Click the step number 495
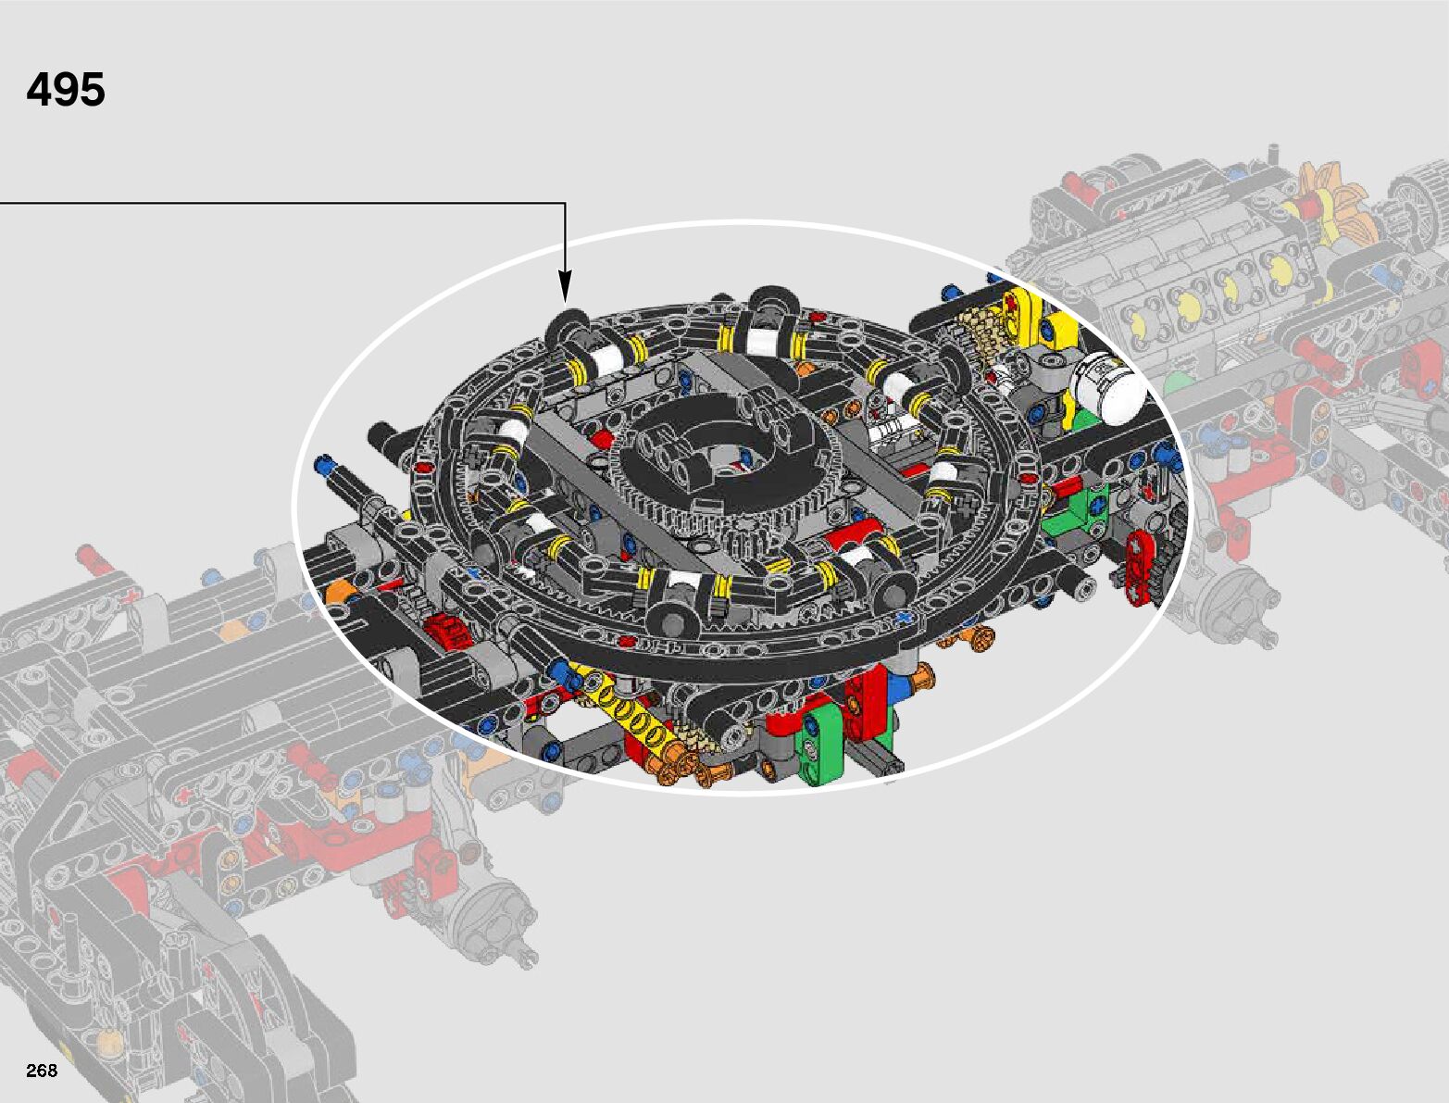point(66,89)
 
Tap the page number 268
point(42,1071)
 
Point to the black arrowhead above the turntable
point(565,286)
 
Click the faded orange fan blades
point(1334,201)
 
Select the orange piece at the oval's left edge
point(339,590)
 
